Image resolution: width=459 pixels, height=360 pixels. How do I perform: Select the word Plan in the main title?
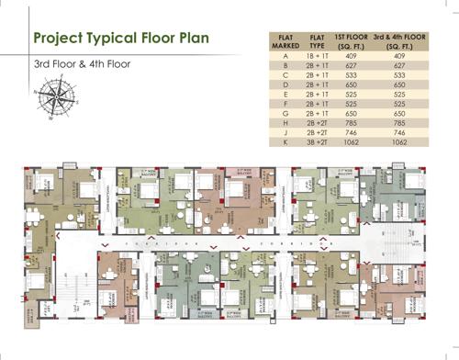tap(191, 39)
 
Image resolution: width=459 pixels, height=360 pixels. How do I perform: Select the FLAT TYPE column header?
tap(318, 40)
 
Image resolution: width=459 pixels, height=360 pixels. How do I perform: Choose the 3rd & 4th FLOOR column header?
tap(398, 40)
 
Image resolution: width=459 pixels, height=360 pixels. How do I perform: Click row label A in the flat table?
tap(285, 56)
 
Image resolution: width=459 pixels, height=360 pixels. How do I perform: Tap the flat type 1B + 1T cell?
tap(318, 56)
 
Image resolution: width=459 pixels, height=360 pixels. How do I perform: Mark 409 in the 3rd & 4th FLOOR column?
tap(398, 56)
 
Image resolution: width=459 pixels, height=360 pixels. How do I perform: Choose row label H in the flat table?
tap(285, 123)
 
